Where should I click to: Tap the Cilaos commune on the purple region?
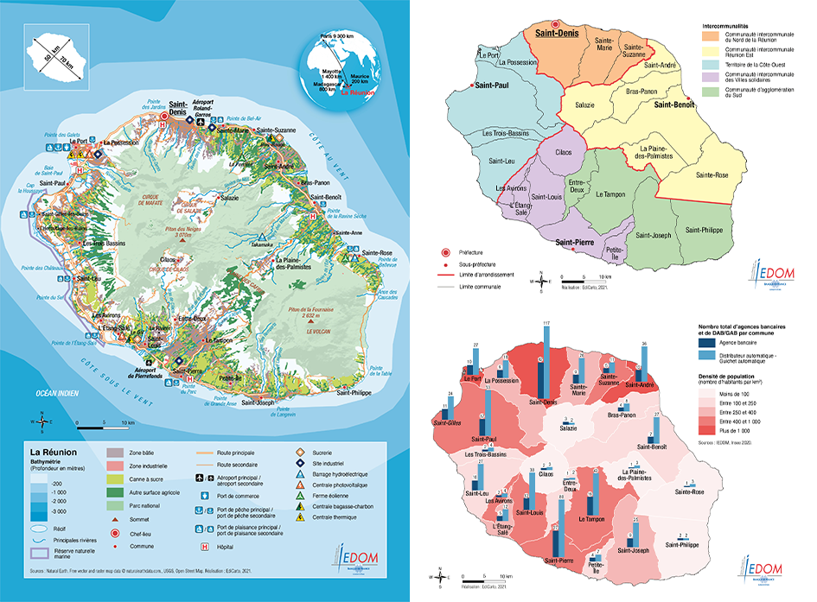click(x=563, y=152)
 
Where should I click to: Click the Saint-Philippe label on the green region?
click(x=705, y=230)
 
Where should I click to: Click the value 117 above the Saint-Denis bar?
click(x=546, y=323)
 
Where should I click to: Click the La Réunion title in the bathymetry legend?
click(x=54, y=452)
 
